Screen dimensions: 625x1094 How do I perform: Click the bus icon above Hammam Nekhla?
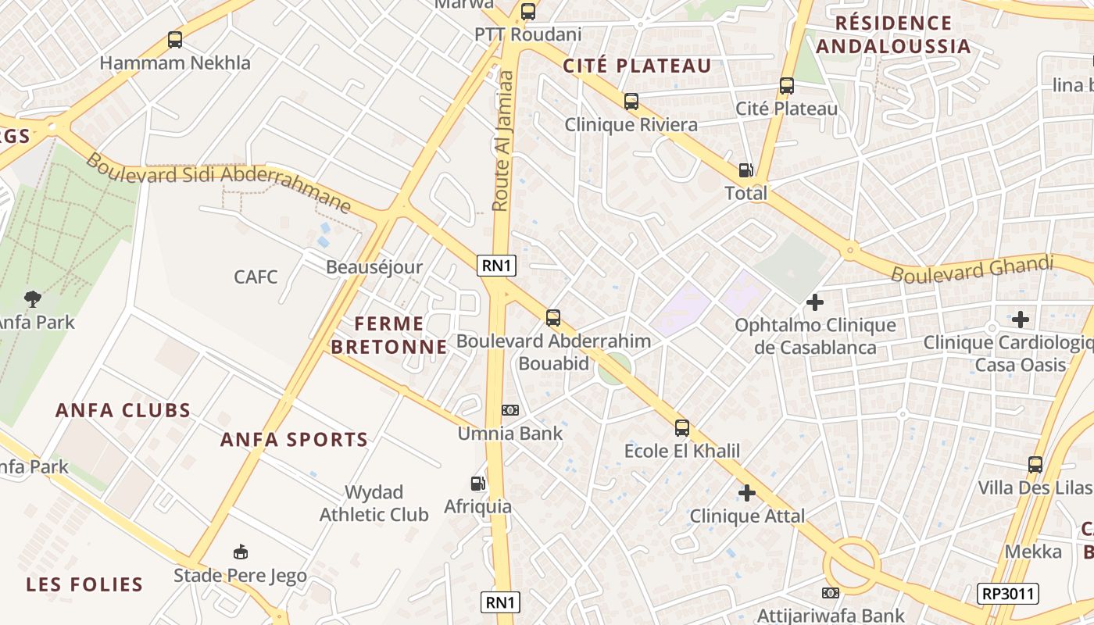coord(175,40)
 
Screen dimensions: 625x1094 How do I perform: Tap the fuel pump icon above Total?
coord(746,170)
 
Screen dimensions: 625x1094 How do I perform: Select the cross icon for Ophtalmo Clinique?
coord(815,302)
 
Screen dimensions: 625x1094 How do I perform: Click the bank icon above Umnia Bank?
coord(509,410)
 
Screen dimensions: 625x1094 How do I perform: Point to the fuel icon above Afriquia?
coord(477,484)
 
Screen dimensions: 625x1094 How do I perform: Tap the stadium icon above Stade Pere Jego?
coord(241,552)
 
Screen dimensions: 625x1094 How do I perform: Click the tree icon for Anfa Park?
coord(33,298)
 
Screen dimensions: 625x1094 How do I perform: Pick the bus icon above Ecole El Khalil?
coord(682,428)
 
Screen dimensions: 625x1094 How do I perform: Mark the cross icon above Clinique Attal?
coord(747,493)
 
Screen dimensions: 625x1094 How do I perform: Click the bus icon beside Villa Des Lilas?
coord(1035,465)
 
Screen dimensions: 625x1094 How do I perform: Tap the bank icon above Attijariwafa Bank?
coord(831,593)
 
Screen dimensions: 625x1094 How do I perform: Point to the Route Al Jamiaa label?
coord(502,141)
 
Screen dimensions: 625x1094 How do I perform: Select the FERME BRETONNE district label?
coord(389,334)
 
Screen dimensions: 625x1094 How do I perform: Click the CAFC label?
coord(256,277)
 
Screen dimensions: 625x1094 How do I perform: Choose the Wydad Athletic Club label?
coord(374,503)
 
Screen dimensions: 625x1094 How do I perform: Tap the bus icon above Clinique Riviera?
coord(631,102)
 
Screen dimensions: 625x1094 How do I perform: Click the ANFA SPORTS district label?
coord(294,440)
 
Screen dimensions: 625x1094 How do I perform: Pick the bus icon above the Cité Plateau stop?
coord(787,86)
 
